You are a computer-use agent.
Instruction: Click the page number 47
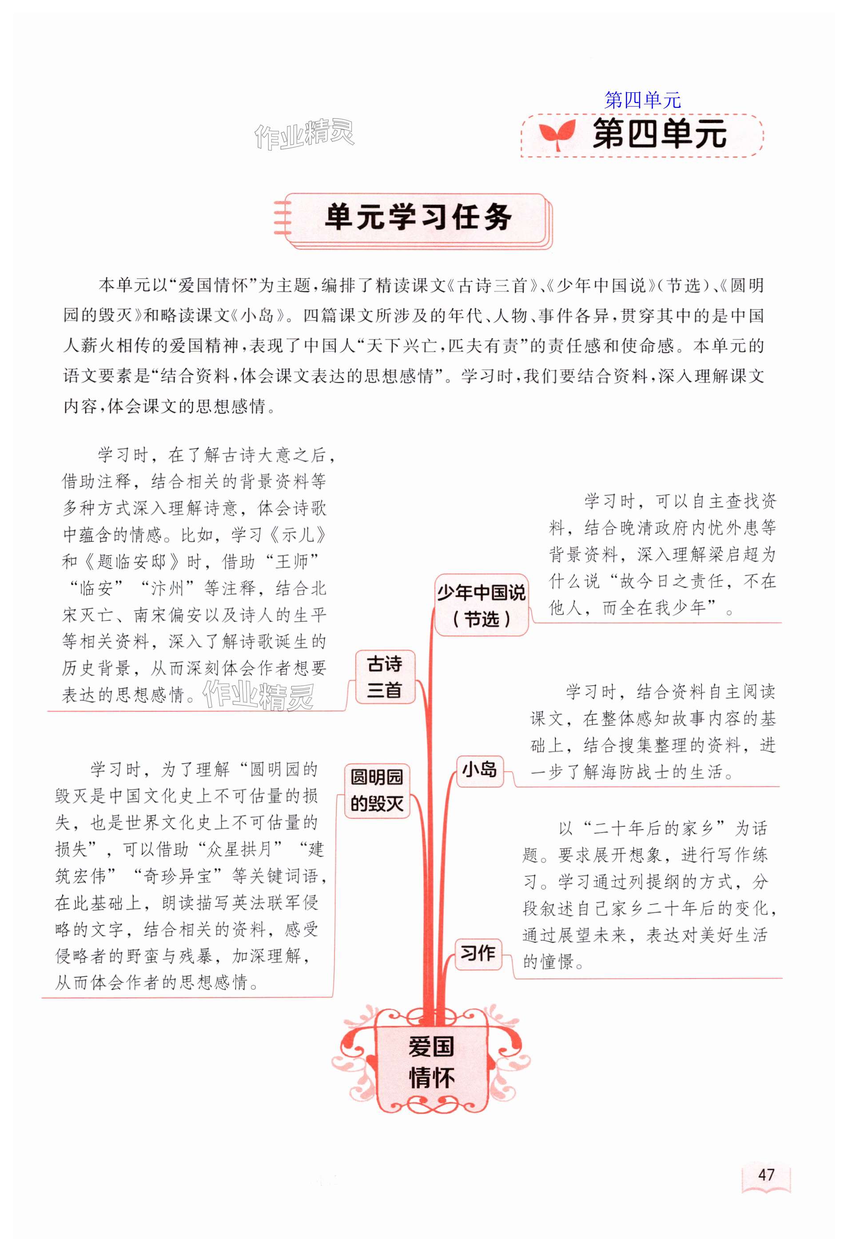coord(765,1174)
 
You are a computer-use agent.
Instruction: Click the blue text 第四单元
coord(642,100)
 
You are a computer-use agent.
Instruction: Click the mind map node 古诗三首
coord(385,677)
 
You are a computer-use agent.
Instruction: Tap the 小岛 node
coord(479,770)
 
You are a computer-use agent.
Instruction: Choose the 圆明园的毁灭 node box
coord(377,790)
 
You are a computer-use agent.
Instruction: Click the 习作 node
coord(478,953)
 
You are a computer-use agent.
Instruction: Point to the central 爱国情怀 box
coord(431,1062)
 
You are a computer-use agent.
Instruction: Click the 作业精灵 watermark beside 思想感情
coord(259,695)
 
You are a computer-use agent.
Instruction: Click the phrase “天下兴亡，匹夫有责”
coord(442,346)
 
